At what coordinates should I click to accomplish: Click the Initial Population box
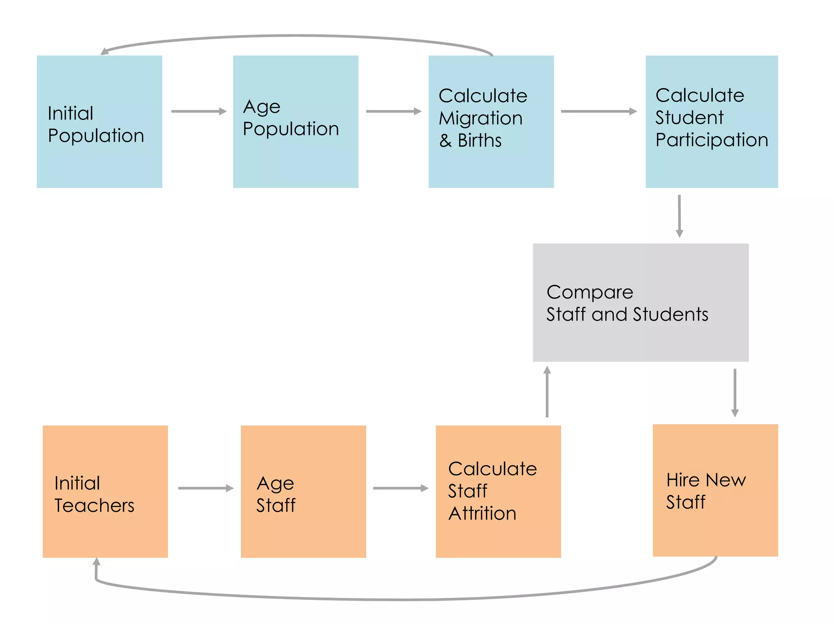coord(99,121)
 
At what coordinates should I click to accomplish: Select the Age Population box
coord(296,121)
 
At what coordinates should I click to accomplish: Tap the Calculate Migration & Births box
coord(491,121)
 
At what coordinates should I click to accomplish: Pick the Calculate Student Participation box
coord(711,121)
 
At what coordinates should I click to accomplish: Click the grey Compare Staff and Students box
coord(640,302)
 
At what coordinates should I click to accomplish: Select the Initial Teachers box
coord(105,491)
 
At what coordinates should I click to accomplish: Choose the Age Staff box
coord(303,491)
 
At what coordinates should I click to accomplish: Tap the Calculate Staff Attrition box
coord(498,491)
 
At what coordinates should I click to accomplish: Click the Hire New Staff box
coord(715,490)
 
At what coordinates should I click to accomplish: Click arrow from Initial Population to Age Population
coord(199,111)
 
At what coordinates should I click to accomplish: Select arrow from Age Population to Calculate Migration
coord(393,111)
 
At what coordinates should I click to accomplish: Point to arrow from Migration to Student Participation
coord(599,111)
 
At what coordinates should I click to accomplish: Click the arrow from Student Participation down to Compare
coord(679,216)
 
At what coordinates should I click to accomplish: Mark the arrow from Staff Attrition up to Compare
coord(547,391)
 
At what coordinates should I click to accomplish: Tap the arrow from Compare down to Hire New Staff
coord(735,392)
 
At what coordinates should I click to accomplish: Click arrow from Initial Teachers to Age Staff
coord(205,488)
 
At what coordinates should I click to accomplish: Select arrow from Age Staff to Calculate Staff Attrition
coord(400,488)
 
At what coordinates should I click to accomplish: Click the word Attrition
coord(482,513)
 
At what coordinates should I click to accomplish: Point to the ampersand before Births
coord(445,141)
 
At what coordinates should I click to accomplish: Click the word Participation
coord(711,140)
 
